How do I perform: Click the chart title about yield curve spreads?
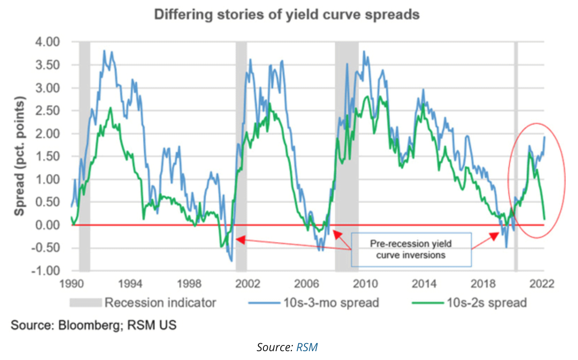tap(286, 15)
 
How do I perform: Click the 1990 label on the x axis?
tap(72, 283)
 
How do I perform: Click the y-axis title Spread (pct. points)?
tap(19, 156)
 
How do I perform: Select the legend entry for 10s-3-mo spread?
tap(329, 303)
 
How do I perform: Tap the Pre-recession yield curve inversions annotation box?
tap(411, 249)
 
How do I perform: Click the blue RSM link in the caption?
tap(307, 347)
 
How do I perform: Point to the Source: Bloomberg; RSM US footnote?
tap(94, 326)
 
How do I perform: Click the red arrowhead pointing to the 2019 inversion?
tap(495, 235)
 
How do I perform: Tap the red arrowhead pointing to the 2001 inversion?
tap(239, 239)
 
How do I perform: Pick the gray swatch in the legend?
tap(86, 303)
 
